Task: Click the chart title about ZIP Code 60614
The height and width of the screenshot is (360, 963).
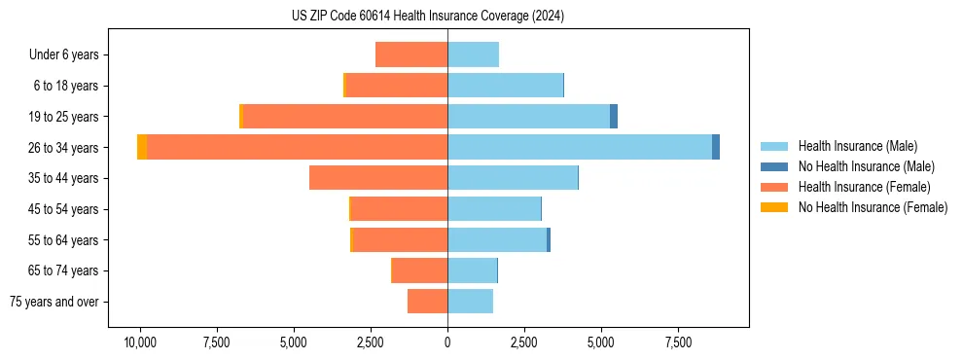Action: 427,17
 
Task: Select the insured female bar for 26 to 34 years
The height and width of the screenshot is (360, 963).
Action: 297,147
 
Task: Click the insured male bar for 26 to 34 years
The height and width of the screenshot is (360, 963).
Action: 580,147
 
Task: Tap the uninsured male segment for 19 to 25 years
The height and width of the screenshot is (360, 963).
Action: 614,116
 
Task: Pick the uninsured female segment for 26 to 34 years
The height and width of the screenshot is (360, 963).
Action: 142,147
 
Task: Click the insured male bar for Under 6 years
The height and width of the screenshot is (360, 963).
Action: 473,54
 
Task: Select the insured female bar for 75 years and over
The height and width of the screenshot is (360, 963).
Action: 427,302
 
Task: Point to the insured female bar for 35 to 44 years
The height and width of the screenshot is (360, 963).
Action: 378,178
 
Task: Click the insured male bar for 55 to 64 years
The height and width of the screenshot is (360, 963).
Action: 497,239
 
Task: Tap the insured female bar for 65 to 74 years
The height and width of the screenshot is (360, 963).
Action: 419,270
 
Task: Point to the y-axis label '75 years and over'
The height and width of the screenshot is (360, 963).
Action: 53,302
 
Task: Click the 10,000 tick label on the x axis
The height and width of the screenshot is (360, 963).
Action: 140,342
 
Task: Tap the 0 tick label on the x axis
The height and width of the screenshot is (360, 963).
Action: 447,342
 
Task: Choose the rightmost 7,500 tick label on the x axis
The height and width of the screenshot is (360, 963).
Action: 678,342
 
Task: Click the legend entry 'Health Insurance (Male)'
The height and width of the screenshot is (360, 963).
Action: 857,146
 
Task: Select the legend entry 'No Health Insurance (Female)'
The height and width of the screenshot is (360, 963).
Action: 873,207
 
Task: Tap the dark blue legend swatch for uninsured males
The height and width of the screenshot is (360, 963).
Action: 774,166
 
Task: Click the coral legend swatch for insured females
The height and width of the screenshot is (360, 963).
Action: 774,187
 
